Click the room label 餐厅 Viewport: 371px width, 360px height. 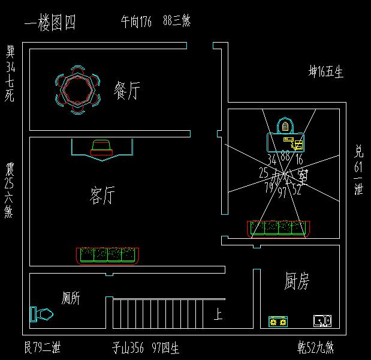coord(127,91)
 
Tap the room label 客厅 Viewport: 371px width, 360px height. coord(102,195)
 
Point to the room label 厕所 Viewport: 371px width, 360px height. coord(71,298)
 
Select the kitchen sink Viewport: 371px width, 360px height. coord(322,321)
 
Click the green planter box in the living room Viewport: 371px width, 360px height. coord(108,255)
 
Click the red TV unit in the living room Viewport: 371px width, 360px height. coord(101,148)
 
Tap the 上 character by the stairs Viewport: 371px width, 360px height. coord(218,314)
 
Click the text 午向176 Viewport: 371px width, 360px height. coord(136,23)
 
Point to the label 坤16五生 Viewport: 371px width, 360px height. coord(325,73)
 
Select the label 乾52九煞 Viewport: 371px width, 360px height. coord(315,347)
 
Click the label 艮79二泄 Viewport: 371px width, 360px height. coord(42,347)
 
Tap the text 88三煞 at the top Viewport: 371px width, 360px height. coord(177,23)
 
